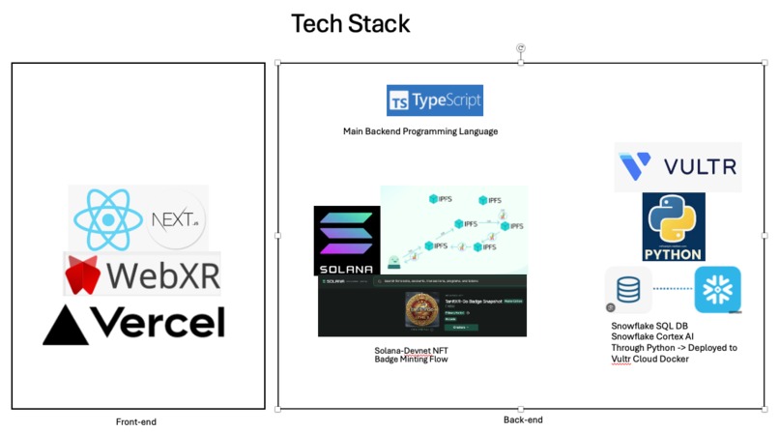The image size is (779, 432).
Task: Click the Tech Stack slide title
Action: click(351, 23)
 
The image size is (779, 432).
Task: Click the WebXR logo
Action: click(142, 274)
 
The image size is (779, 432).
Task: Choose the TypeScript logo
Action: click(434, 101)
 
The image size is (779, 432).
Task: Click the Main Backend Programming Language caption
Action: click(420, 131)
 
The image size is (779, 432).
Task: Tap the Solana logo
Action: click(347, 241)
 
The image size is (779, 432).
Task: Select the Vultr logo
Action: click(678, 166)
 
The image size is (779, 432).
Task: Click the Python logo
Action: click(674, 226)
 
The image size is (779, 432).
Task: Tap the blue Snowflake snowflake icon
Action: click(717, 289)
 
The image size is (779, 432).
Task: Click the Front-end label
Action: click(135, 422)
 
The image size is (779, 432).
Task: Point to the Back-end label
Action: click(523, 419)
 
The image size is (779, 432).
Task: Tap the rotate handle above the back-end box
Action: click(522, 47)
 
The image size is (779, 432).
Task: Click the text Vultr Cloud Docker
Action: click(656, 360)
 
